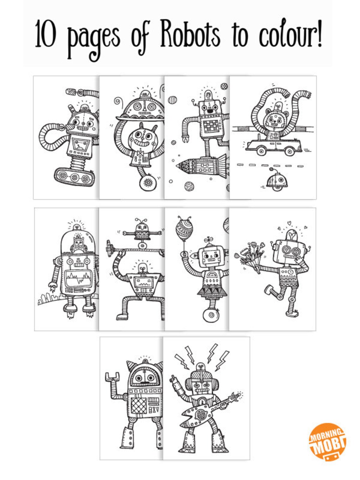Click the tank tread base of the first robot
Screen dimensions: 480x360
74,177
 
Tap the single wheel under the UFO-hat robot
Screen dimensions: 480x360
148,183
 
